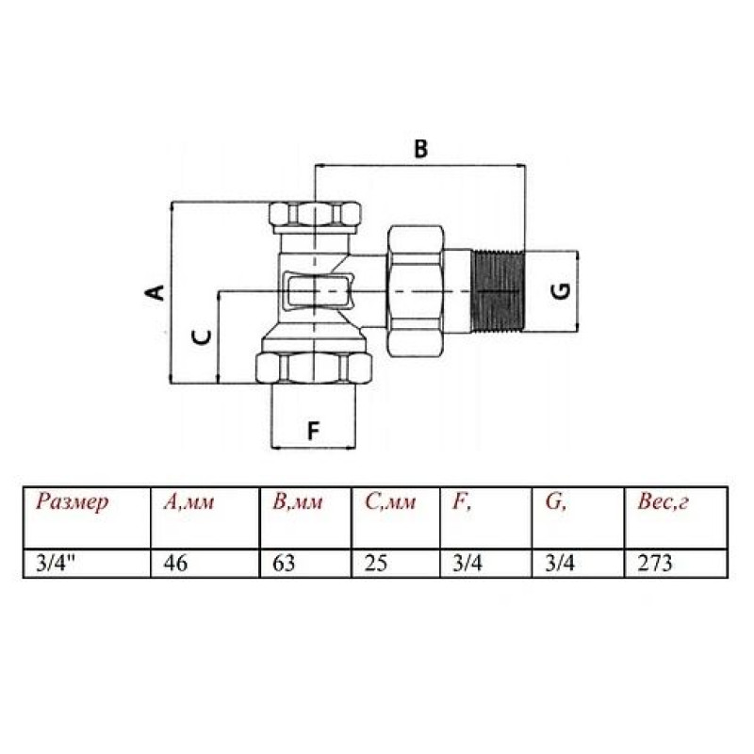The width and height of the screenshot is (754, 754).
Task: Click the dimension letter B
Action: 421,148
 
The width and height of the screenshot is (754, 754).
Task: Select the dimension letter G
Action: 558,291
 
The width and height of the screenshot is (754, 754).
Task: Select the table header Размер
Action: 74,502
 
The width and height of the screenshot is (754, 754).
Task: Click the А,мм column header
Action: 189,502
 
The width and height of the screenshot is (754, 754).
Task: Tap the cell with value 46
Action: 176,565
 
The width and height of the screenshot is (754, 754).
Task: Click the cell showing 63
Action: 284,565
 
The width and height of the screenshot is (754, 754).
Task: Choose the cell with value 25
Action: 376,565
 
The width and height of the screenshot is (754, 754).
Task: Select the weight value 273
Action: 655,565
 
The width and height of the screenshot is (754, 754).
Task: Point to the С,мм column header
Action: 390,502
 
